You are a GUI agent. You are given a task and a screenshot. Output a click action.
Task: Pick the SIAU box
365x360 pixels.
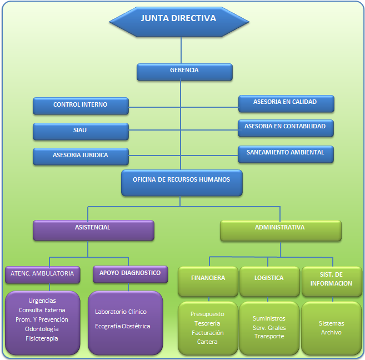click(81, 131)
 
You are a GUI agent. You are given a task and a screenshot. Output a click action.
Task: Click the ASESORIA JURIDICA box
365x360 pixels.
click(81, 156)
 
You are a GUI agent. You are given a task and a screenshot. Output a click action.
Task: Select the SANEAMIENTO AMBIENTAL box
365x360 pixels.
click(286, 154)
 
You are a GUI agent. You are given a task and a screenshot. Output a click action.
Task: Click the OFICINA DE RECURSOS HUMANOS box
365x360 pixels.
click(182, 183)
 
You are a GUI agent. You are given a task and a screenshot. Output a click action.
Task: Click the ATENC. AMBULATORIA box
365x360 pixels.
click(43, 274)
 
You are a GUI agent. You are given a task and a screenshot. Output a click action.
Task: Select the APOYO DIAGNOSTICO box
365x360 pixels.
click(130, 274)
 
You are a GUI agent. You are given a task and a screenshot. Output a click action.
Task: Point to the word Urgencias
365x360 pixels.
click(42, 301)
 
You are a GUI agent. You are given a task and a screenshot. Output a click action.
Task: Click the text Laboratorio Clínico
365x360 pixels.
click(121, 312)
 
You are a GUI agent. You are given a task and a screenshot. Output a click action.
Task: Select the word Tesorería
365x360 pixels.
click(207, 323)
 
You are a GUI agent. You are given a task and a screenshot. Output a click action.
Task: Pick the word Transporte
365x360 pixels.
click(269, 336)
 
